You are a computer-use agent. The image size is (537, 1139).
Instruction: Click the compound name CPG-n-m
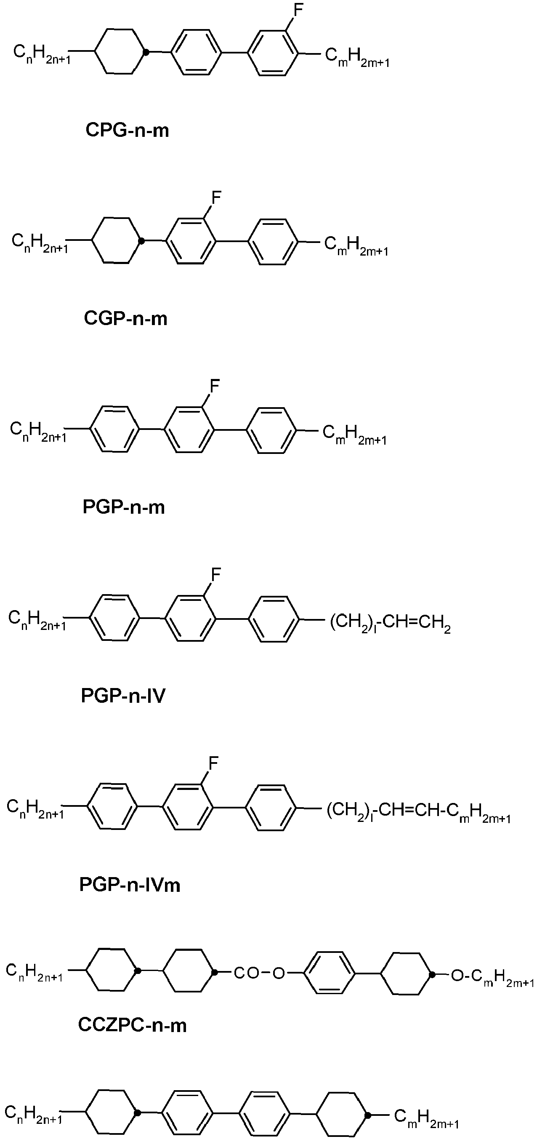click(127, 131)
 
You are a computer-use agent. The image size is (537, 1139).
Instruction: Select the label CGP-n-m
click(125, 318)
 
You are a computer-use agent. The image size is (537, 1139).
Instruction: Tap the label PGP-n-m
click(124, 507)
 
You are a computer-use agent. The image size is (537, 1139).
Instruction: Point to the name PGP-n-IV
click(123, 696)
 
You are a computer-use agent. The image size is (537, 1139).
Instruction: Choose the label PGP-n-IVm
click(130, 884)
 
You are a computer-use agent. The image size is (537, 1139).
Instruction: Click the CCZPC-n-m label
click(133, 1025)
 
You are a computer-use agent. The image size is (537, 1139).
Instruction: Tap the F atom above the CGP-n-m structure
click(216, 197)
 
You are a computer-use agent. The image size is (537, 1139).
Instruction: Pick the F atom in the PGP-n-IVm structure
click(214, 763)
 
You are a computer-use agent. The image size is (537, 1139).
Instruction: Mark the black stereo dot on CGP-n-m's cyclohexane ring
click(141, 241)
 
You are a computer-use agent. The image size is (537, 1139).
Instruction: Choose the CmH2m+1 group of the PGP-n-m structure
click(354, 434)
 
